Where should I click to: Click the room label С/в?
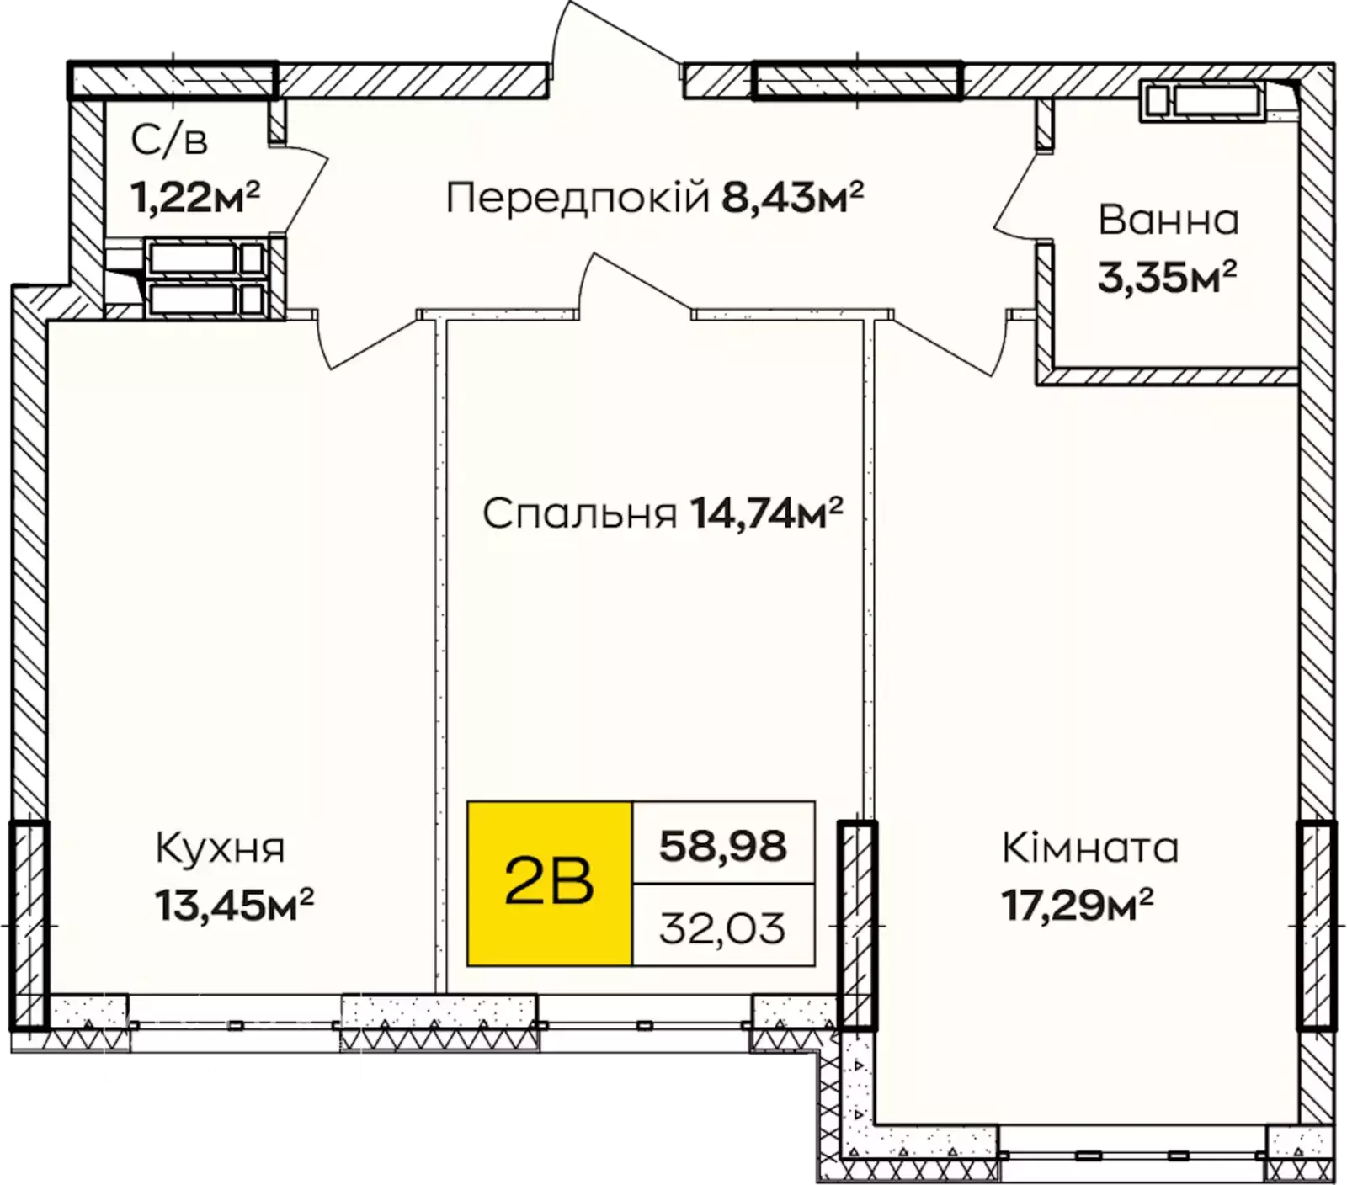click(x=169, y=141)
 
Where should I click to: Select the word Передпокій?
click(x=578, y=199)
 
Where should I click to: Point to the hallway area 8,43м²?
click(x=793, y=198)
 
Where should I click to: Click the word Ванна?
click(x=1169, y=221)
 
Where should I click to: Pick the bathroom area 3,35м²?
click(x=1168, y=277)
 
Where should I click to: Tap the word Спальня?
click(x=580, y=513)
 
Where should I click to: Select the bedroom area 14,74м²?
click(x=766, y=513)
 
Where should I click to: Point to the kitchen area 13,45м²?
click(x=234, y=905)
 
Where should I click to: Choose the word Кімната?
click(x=1089, y=848)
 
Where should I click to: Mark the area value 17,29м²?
click(x=1077, y=905)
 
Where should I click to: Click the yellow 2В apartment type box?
click(x=550, y=883)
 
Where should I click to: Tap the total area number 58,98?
click(x=723, y=846)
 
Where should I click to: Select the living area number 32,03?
click(x=722, y=927)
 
